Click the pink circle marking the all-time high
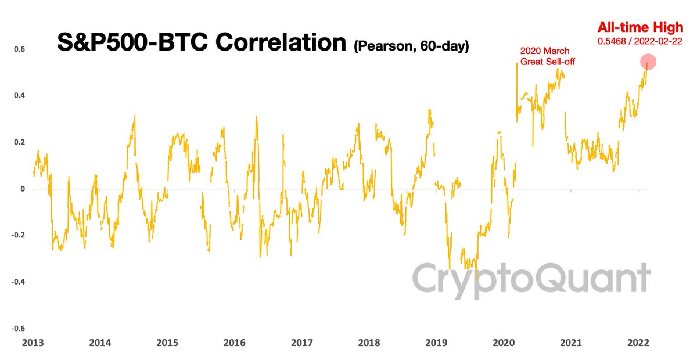[648, 62]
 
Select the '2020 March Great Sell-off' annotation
[545, 56]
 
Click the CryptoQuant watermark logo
[531, 278]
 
